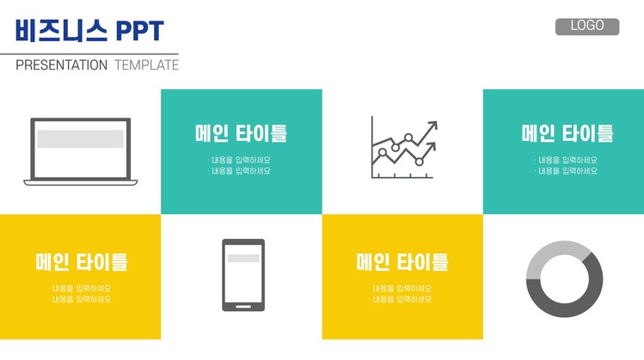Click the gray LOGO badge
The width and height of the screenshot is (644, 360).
(x=587, y=27)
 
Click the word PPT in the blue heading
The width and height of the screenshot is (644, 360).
(x=139, y=31)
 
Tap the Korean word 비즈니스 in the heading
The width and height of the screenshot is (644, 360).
(x=61, y=30)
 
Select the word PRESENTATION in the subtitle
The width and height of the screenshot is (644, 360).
(x=61, y=64)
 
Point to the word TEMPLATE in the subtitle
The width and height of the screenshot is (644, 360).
(x=147, y=64)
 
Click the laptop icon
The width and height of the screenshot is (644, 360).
(x=81, y=151)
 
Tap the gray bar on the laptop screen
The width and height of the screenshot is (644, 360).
(x=81, y=138)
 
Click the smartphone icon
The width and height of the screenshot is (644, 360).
(x=243, y=275)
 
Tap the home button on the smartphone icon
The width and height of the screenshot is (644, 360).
(x=243, y=306)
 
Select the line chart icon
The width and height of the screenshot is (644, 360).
(x=404, y=148)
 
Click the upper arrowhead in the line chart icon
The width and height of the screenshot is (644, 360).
(x=432, y=125)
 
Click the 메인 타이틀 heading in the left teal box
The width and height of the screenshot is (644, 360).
(x=241, y=133)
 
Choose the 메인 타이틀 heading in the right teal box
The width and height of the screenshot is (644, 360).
(x=567, y=133)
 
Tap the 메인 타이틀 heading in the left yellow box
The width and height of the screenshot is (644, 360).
(x=82, y=262)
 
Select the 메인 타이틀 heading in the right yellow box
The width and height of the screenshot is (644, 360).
(x=402, y=262)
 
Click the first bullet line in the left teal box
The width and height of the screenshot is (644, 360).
(x=239, y=160)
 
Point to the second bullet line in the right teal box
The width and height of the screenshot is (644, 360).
(x=566, y=171)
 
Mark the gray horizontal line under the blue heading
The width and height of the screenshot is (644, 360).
(x=89, y=54)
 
